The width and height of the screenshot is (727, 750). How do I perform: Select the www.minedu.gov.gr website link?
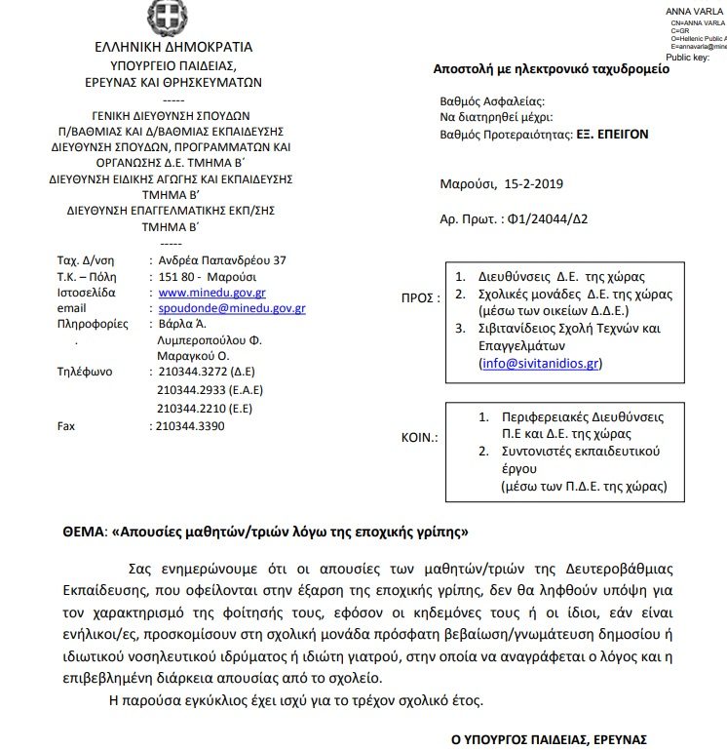211,292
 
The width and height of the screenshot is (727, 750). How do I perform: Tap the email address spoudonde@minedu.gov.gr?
232,308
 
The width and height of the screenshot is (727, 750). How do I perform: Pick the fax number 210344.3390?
191,426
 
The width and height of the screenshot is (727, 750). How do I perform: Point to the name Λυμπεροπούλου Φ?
210,340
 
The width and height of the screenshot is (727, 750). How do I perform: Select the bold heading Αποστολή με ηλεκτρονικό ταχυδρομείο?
551,70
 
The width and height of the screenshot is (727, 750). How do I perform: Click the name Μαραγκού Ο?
194,356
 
